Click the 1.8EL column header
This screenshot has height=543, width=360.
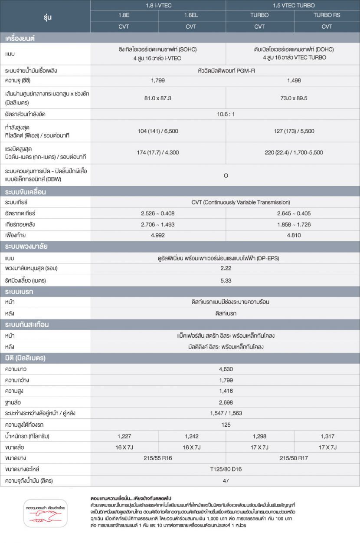click(191, 15)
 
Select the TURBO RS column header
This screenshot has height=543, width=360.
click(327, 15)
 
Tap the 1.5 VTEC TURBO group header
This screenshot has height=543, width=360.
click(294, 6)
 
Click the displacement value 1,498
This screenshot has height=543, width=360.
click(294, 81)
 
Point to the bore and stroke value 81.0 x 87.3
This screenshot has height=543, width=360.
click(157, 98)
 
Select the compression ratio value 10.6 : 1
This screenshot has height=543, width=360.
click(226, 115)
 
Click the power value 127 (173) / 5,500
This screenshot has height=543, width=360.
click(294, 131)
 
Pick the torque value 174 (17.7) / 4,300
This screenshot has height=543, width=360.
click(157, 153)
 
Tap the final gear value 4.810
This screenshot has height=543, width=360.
click(294, 235)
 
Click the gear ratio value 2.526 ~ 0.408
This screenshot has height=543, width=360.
click(157, 214)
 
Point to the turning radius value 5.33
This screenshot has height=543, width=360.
click(226, 280)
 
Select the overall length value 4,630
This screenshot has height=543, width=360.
click(226, 369)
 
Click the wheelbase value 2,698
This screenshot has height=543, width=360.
click(226, 402)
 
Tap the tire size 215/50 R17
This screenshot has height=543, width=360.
click(294, 458)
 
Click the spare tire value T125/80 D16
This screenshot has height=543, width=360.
click(226, 469)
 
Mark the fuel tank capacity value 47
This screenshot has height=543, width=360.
click(226, 480)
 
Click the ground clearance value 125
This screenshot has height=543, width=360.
click(226, 425)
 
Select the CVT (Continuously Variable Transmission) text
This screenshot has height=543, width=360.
click(241, 202)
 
